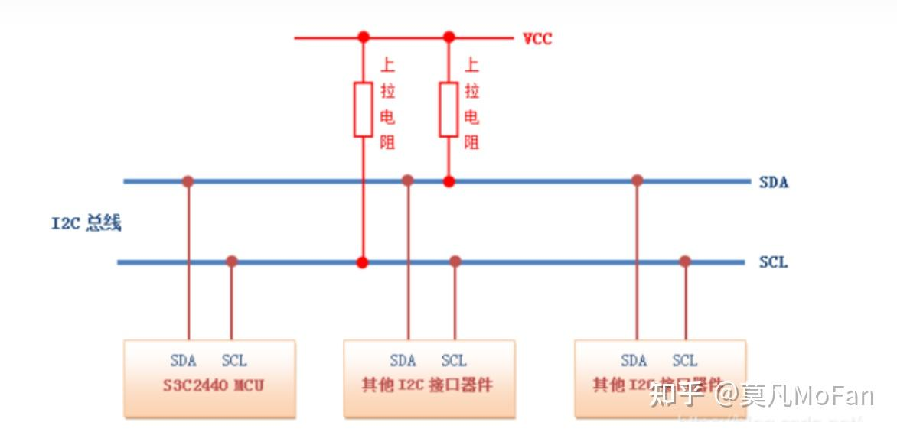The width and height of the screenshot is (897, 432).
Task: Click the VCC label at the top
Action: pos(537,39)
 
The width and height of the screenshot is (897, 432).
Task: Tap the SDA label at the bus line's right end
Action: pos(773,183)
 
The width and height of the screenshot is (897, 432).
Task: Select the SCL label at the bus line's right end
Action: pos(773,262)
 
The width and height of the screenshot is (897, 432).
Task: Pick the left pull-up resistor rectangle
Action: pos(364,110)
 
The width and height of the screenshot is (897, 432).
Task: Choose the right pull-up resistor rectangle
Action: pos(449,110)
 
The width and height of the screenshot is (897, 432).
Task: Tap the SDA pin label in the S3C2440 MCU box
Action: pos(183,361)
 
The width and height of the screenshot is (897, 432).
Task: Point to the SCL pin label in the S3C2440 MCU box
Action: pos(234,361)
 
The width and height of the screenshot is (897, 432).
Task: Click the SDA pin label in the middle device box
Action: pos(403,361)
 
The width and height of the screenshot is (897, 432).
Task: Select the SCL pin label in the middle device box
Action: pos(454,361)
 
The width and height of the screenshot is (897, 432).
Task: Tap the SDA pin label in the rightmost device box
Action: pos(634,361)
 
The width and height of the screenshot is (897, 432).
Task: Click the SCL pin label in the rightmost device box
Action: pos(685,361)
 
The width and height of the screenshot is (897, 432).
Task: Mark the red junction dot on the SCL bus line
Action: pos(363,262)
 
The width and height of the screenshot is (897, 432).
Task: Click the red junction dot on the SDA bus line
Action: pos(449,181)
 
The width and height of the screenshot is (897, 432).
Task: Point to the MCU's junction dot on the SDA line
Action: pos(188,181)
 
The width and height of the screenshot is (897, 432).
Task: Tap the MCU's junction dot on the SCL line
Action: pos(232,261)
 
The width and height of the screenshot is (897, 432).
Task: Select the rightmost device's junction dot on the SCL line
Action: pos(685,261)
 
